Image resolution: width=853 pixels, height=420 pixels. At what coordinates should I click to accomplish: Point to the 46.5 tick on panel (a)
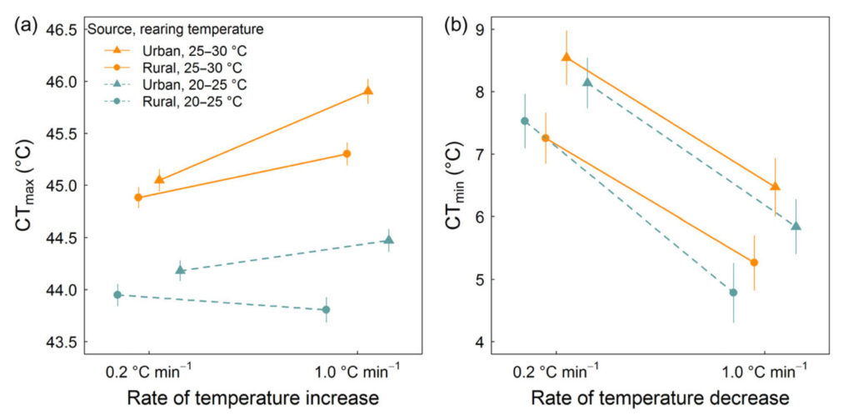pos(60,30)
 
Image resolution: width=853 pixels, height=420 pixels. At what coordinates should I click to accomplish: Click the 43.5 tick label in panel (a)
pos(60,342)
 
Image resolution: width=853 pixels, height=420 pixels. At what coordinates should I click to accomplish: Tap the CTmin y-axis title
pos(457,185)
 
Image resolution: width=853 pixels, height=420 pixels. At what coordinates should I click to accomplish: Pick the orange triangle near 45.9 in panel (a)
pos(367,91)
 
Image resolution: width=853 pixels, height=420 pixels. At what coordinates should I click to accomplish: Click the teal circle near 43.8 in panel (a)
pos(326,310)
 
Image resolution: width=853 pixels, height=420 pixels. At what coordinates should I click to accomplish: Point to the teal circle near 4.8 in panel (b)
pos(733,292)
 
